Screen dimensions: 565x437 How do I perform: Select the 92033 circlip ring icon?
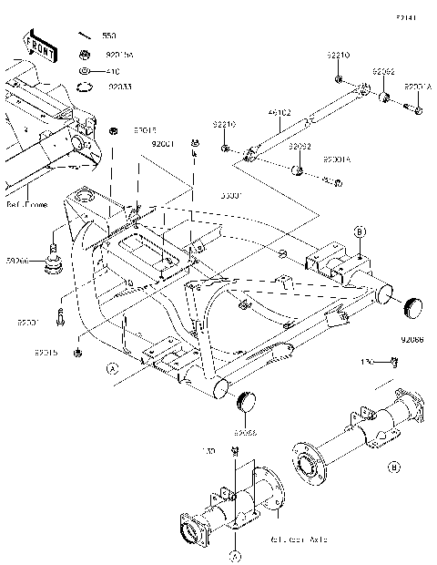[x=85, y=87]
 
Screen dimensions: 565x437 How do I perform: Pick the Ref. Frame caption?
[x=28, y=205]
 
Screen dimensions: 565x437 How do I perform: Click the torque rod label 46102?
[x=279, y=114]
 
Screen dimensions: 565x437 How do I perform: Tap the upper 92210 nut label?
[x=339, y=56]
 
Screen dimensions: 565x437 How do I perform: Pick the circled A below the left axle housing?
[x=236, y=554]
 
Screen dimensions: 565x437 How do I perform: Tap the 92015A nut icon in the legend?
[x=85, y=53]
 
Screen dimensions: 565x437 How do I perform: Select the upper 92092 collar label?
[x=382, y=70]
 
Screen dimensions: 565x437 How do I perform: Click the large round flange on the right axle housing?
[x=310, y=462]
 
